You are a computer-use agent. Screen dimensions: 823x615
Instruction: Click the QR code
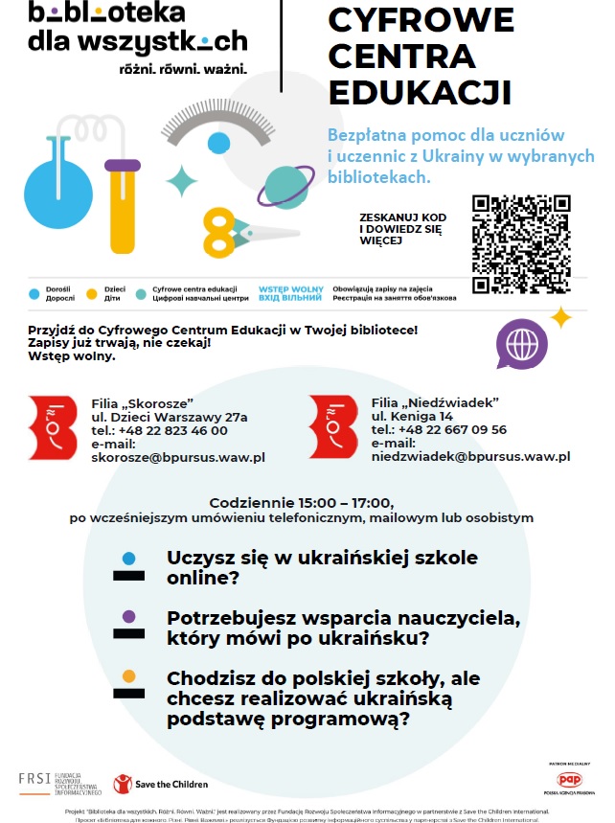tap(522, 243)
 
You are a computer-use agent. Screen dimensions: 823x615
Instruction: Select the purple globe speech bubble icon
tap(521, 343)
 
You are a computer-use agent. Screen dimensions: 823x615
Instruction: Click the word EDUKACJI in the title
tap(420, 92)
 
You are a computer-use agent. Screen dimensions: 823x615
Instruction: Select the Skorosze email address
tap(178, 457)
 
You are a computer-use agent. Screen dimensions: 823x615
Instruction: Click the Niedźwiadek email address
tap(470, 457)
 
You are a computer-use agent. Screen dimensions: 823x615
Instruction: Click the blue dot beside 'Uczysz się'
tap(128, 558)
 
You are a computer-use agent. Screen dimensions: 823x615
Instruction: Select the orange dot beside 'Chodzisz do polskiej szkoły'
tap(128, 675)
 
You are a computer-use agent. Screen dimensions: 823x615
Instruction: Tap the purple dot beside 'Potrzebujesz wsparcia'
tap(128, 616)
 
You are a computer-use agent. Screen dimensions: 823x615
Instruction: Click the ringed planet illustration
tap(285, 185)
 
